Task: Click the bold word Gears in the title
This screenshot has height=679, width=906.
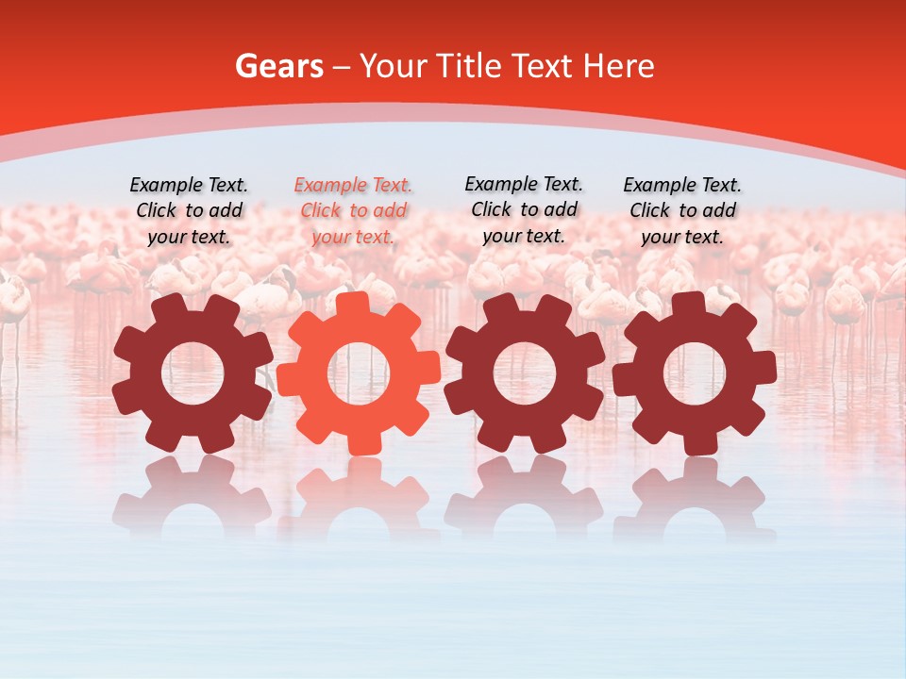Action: (278, 66)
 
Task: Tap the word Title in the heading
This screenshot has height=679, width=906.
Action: (471, 66)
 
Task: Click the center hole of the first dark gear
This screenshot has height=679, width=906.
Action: (193, 373)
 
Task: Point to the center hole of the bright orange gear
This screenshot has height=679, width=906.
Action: (359, 373)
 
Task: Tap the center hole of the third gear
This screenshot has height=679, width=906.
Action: (525, 373)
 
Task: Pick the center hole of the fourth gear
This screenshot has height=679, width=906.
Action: (695, 373)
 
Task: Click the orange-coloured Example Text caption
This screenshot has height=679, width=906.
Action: (353, 210)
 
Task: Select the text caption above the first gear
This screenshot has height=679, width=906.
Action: (189, 210)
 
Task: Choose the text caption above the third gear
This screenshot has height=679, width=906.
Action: (524, 209)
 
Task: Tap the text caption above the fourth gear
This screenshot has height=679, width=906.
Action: (682, 210)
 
